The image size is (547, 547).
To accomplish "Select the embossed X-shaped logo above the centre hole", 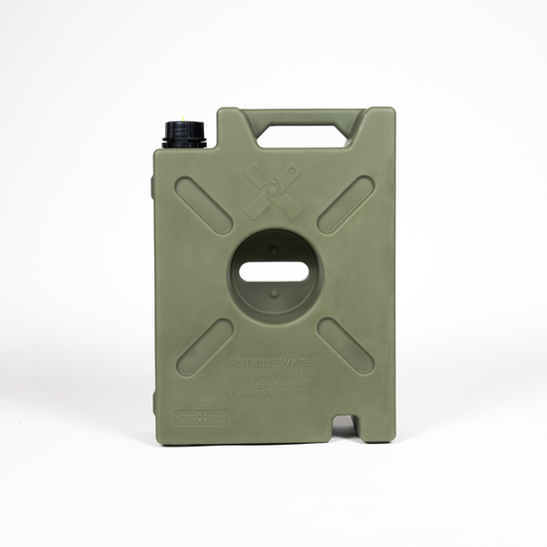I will [274, 191].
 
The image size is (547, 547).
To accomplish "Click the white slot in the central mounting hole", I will [274, 272].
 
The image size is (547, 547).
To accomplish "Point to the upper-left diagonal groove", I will [204, 205].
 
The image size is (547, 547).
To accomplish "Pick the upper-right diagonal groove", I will [346, 205].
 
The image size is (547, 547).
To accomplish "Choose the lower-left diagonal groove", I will [204, 347].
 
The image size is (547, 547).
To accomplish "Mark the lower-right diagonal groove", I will [346, 346].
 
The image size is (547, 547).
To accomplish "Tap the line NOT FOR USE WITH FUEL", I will [274, 374].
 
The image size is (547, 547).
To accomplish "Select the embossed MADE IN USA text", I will [274, 384].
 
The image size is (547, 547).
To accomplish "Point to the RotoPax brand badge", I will [200, 418].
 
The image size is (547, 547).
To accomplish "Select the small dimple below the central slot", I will [274, 294].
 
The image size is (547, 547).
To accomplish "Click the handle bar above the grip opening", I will [302, 117].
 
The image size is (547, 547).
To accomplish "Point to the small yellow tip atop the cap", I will [185, 119].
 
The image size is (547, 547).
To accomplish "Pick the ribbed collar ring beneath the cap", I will [184, 142].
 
